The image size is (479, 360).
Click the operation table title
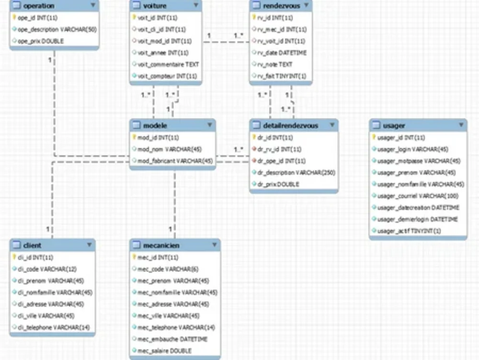click(x=39, y=6)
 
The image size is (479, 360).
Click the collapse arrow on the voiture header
click(x=195, y=6)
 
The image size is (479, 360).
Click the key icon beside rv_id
click(x=254, y=18)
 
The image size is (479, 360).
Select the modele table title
click(x=155, y=126)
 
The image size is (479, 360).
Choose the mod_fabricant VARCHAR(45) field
click(x=175, y=161)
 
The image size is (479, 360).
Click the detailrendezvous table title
click(x=290, y=126)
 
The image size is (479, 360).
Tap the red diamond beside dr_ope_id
click(x=254, y=161)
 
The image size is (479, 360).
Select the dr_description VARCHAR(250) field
click(x=296, y=173)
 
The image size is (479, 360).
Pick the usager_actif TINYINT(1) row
click(x=409, y=231)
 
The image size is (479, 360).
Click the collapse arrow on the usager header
click(x=460, y=126)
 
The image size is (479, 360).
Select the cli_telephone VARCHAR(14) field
click(x=54, y=327)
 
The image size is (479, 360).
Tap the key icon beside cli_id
click(x=14, y=257)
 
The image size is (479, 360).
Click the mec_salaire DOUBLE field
click(x=164, y=351)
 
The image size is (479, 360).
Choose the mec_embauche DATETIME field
click(x=172, y=339)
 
